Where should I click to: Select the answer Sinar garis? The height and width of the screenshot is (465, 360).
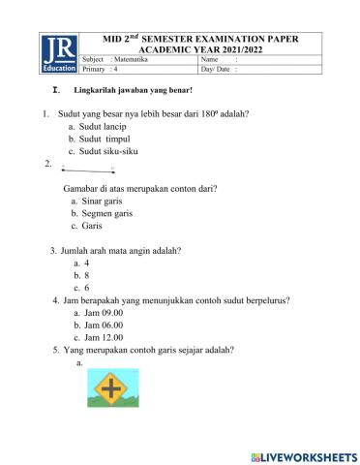(x=101, y=201)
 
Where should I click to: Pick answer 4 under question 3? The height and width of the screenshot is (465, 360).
(x=87, y=263)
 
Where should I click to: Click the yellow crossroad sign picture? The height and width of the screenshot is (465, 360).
(x=114, y=388)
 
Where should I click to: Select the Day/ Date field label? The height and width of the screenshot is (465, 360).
(x=219, y=70)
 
